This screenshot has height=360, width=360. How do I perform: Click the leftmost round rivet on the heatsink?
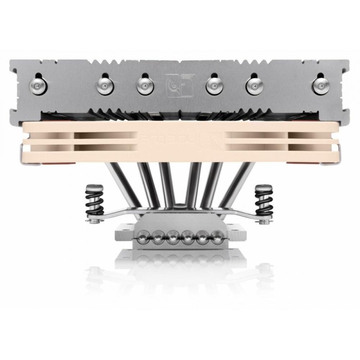[42, 85]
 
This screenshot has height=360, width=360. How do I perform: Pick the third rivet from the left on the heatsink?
[144, 85]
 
